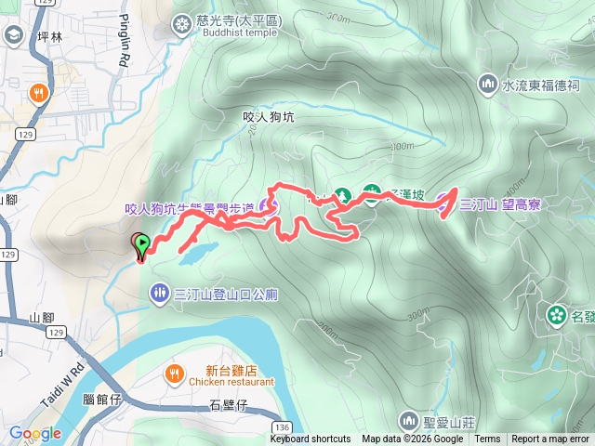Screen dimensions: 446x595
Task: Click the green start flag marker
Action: coord(142,245)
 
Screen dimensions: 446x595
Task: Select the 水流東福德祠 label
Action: coord(541,85)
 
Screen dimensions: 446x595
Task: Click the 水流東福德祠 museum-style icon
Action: coord(487,85)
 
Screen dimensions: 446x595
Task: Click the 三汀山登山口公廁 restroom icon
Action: coord(159,294)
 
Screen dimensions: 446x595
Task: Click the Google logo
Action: coord(34,433)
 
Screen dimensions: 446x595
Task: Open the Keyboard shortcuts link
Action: coord(311,439)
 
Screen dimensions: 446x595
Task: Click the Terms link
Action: coord(487,439)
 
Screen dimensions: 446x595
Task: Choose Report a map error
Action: coord(551,439)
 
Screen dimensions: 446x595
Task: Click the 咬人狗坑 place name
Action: coord(268,117)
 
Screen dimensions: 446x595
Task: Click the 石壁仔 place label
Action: coord(227,404)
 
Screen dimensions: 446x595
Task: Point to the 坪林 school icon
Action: coord(14,36)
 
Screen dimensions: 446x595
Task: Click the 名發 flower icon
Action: coord(556,316)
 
